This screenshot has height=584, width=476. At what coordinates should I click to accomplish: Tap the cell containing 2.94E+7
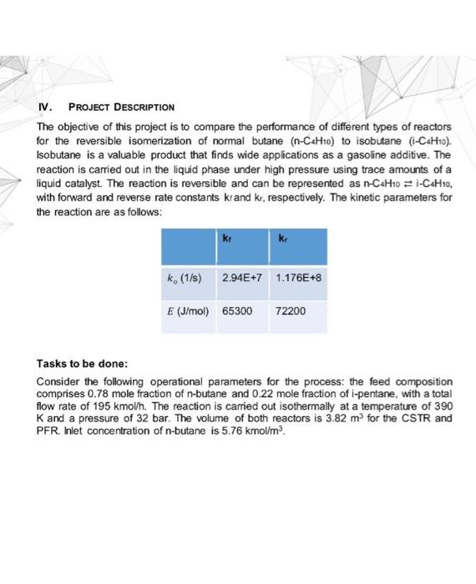pyautogui.click(x=240, y=274)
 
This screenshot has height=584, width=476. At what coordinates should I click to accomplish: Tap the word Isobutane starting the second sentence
pyautogui.click(x=60, y=154)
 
